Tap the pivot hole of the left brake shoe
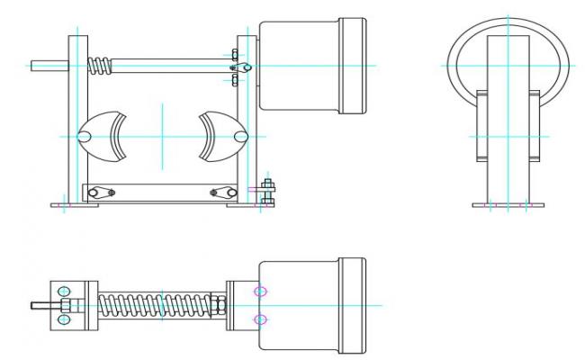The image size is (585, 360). pyautogui.click(x=85, y=136)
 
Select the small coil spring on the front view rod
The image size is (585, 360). pyautogui.click(x=101, y=65)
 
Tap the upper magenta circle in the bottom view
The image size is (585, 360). pyautogui.click(x=261, y=291)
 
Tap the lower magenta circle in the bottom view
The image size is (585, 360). pyautogui.click(x=261, y=319)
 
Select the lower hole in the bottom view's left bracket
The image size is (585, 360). pyautogui.click(x=64, y=319)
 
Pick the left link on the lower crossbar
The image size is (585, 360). pyautogui.click(x=97, y=192)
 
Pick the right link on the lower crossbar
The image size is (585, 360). pyautogui.click(x=218, y=192)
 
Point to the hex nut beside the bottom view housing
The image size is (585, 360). pyautogui.click(x=219, y=305)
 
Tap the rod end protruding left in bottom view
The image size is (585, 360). pyautogui.click(x=38, y=305)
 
